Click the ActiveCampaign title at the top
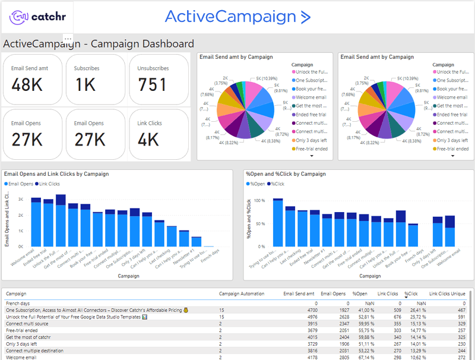pos(237,17)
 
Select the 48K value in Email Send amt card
pos(27,85)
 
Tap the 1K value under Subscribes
pos(85,85)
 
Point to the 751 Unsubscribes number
pos(153,85)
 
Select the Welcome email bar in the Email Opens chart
pos(36,223)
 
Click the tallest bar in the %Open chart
pos(277,222)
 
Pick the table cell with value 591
pos(460,317)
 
